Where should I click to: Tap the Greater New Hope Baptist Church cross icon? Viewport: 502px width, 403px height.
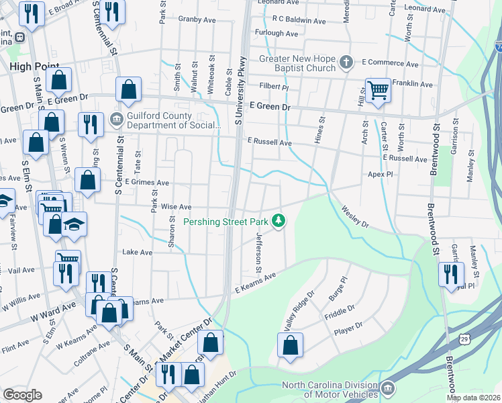[346, 63]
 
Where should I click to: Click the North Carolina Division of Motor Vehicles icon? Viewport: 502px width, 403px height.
[388, 389]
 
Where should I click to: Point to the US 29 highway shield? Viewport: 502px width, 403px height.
[464, 339]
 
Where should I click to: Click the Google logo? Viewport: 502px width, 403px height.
[22, 395]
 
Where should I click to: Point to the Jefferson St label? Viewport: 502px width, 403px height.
[258, 252]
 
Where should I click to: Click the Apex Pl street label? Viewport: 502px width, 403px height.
[380, 173]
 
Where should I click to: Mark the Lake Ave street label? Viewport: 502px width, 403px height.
[137, 252]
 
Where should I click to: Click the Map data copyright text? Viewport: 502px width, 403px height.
[472, 398]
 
